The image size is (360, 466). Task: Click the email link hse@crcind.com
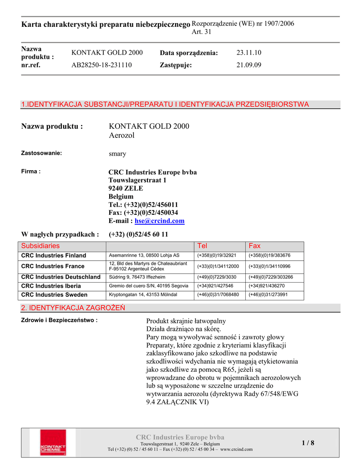point(159,221)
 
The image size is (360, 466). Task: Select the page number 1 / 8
point(308,443)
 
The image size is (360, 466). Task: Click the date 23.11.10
point(249,53)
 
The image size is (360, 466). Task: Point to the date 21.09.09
point(249,65)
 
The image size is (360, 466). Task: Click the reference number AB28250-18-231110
point(101,65)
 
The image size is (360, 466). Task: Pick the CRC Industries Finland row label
point(54,255)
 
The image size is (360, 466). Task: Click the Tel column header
point(202,246)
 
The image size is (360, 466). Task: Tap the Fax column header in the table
point(254,246)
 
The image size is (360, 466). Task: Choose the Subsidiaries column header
point(41,246)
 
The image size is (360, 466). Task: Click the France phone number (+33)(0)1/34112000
point(218,266)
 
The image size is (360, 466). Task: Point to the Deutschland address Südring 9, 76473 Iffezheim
point(137,277)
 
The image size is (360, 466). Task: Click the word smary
point(117,154)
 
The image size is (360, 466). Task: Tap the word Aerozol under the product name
point(122,136)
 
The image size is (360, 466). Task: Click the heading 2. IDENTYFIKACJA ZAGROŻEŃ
point(73,308)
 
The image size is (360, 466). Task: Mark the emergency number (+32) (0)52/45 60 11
point(138,234)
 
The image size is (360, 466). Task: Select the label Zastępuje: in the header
point(176,65)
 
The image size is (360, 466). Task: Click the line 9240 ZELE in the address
point(126,188)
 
